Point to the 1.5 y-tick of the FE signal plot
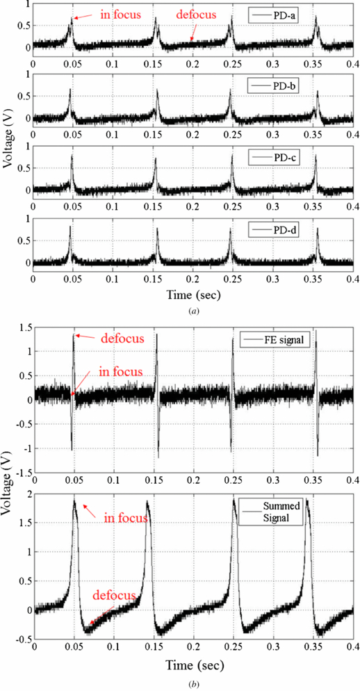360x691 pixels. coord(22,327)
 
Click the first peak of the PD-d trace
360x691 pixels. coord(70,227)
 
